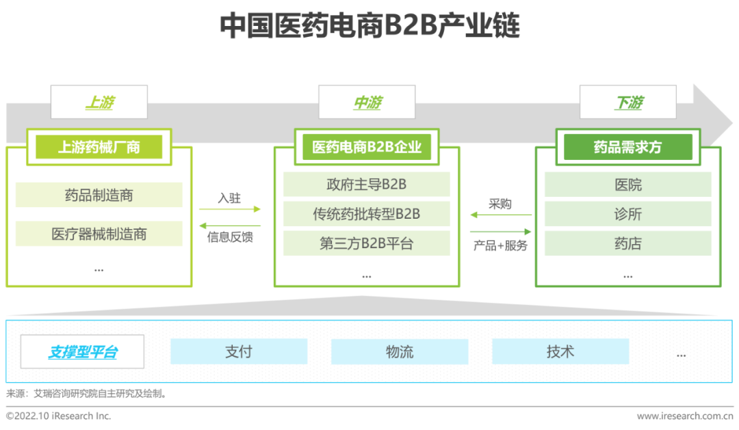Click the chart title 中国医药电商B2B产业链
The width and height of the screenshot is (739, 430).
(x=370, y=25)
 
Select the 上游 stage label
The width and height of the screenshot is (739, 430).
(x=99, y=102)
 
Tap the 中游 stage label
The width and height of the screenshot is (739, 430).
(x=367, y=102)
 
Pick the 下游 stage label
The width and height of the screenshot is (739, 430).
(x=627, y=102)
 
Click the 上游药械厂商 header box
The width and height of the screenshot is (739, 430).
(x=99, y=147)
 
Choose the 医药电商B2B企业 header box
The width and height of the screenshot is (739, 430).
(x=367, y=147)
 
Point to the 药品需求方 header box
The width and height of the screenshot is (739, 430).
(x=627, y=147)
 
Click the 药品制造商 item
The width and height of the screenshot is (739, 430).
(x=99, y=195)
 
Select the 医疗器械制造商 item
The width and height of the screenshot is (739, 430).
(x=99, y=234)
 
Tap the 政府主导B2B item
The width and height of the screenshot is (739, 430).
(x=367, y=184)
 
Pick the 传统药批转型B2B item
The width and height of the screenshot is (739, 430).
(x=367, y=214)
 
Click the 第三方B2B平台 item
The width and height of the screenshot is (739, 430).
(x=367, y=243)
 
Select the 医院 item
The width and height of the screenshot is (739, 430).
(x=627, y=184)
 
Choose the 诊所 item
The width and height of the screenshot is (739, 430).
(x=627, y=214)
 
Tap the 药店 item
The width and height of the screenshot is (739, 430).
(x=627, y=243)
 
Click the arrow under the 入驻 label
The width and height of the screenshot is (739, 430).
(x=229, y=209)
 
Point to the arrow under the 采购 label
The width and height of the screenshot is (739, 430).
(x=501, y=215)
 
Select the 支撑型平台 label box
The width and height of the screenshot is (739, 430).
(x=83, y=351)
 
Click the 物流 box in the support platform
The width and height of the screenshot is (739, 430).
(x=400, y=351)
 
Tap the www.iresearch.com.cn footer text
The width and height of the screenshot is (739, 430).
(x=685, y=416)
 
